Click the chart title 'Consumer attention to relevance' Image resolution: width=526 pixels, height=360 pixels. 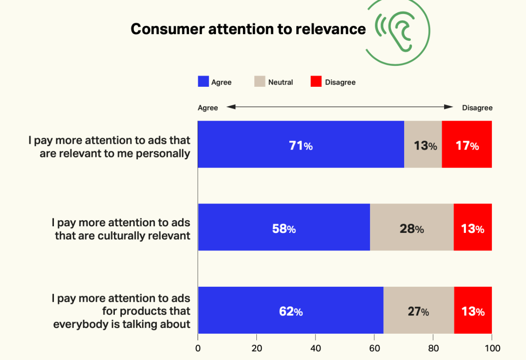pyautogui.click(x=248, y=29)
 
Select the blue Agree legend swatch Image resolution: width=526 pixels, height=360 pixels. pyautogui.click(x=203, y=82)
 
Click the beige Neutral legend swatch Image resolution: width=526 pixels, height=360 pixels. pyautogui.click(x=260, y=82)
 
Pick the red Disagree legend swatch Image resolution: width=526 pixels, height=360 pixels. pyautogui.click(x=316, y=82)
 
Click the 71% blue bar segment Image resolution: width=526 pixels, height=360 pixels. pyautogui.click(x=301, y=145)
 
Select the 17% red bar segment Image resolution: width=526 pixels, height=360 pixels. pyautogui.click(x=467, y=145)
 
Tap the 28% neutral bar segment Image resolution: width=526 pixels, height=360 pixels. pyautogui.click(x=412, y=227)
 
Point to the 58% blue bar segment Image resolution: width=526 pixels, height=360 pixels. pyautogui.click(x=284, y=227)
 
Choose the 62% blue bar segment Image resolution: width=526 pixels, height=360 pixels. pyautogui.click(x=291, y=310)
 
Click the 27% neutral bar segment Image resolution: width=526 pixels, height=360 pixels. pyautogui.click(x=419, y=310)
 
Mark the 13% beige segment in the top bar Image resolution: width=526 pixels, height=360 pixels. pyautogui.click(x=423, y=145)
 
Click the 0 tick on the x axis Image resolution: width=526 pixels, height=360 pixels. pyautogui.click(x=198, y=349)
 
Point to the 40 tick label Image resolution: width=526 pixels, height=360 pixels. pyautogui.click(x=316, y=349)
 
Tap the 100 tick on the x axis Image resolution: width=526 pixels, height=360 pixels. pyautogui.click(x=492, y=349)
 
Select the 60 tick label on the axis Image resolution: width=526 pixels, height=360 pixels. pyautogui.click(x=374, y=349)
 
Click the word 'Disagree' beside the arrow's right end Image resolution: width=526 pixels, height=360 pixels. pyautogui.click(x=477, y=108)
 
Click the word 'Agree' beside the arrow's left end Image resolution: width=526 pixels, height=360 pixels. pyautogui.click(x=208, y=108)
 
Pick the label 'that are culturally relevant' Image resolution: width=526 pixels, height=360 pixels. pyautogui.click(x=123, y=235)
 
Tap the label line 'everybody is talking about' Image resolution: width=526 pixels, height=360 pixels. pyautogui.click(x=122, y=324)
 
